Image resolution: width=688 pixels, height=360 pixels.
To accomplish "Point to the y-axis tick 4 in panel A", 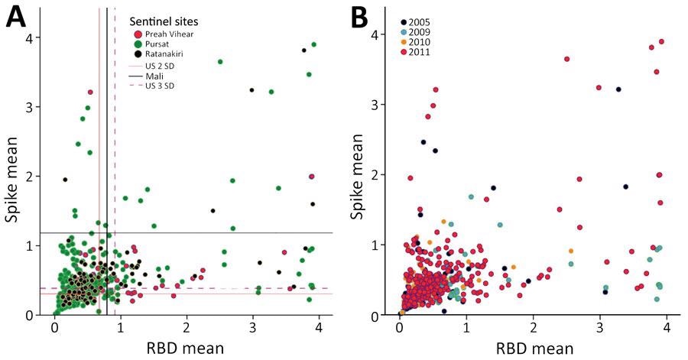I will (36, 37).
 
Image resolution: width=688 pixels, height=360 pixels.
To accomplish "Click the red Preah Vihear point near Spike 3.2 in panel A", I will (90, 92).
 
